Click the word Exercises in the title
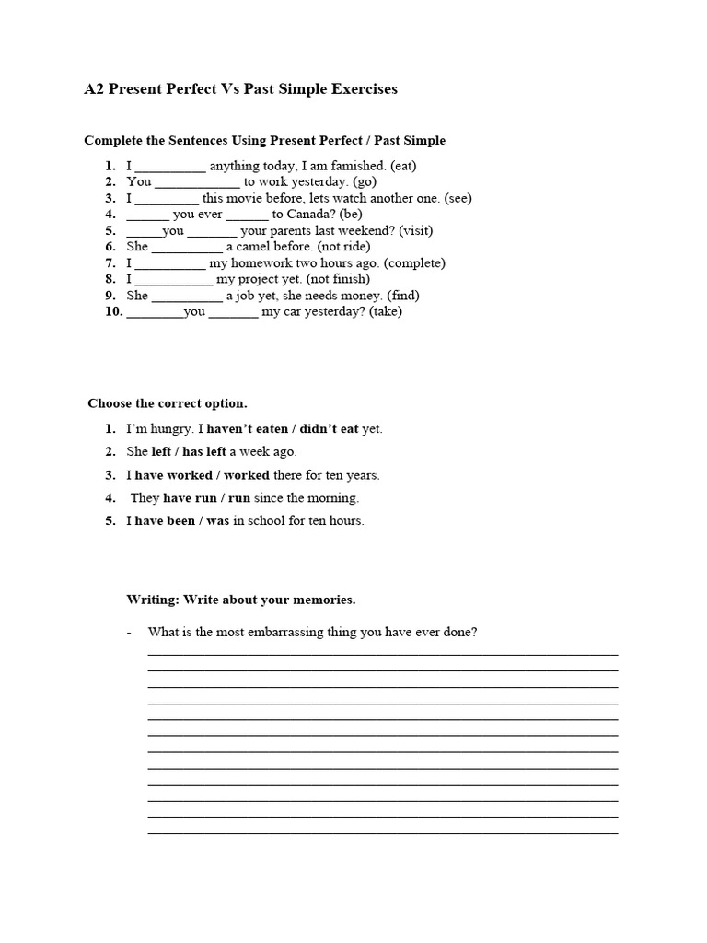coord(354,89)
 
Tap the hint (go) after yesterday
coord(365,182)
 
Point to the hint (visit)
coord(413,230)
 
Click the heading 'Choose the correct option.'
coord(168,403)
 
